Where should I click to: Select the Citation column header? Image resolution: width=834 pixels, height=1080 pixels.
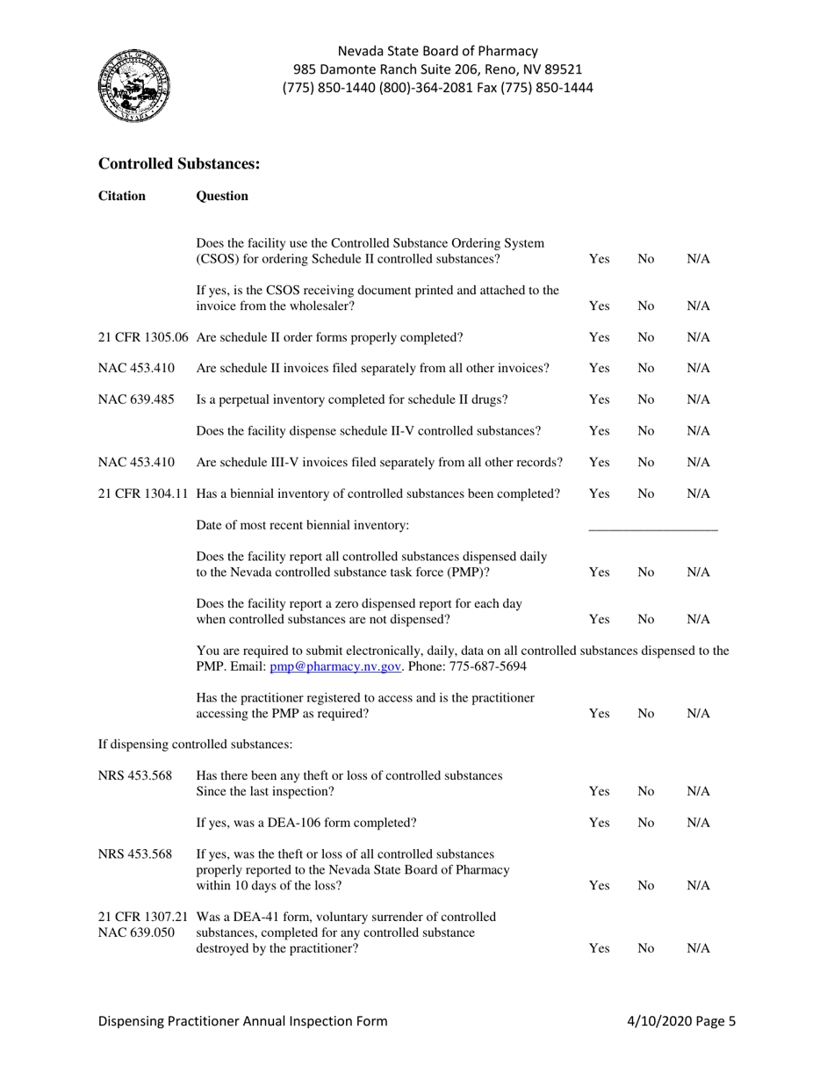(x=122, y=196)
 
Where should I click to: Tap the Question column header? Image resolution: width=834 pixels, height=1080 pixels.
(x=222, y=196)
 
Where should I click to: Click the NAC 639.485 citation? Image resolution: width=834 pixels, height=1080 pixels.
(x=136, y=400)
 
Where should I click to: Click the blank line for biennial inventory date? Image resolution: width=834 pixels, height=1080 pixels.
(x=652, y=526)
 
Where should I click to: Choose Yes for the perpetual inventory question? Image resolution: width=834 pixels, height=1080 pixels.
(x=599, y=400)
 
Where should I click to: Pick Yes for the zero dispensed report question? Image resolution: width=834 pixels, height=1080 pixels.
(x=599, y=619)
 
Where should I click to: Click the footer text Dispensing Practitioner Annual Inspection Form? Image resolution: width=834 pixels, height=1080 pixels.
(x=242, y=1021)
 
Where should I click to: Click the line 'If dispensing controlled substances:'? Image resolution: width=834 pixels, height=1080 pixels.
(x=195, y=745)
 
